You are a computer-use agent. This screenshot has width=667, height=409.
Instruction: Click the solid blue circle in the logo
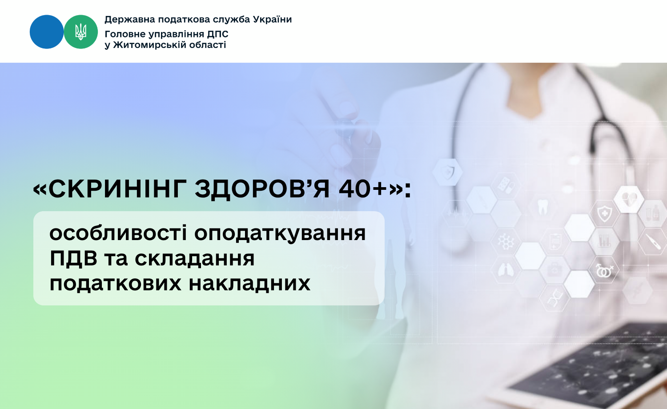click(x=47, y=32)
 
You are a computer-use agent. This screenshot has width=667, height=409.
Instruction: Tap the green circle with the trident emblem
click(x=80, y=32)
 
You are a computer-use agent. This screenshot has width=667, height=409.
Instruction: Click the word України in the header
click(x=272, y=20)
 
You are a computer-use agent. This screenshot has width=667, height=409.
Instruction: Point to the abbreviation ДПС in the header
click(x=218, y=34)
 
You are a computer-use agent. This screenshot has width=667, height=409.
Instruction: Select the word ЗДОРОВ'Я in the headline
click(x=262, y=189)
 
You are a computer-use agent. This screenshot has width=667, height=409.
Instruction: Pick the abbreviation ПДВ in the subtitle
click(x=73, y=258)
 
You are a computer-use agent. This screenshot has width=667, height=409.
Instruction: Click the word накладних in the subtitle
click(x=249, y=283)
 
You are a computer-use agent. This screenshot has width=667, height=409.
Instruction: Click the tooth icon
click(x=542, y=207)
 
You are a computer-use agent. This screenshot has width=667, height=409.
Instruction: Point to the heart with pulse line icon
click(x=629, y=199)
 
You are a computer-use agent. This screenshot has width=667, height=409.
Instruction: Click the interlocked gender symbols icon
click(x=604, y=271)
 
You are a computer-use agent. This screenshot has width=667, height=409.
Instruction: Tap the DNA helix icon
click(x=555, y=298)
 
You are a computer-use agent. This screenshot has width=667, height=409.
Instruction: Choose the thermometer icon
click(x=653, y=241)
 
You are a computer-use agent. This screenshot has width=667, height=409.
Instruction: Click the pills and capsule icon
click(x=505, y=184)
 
